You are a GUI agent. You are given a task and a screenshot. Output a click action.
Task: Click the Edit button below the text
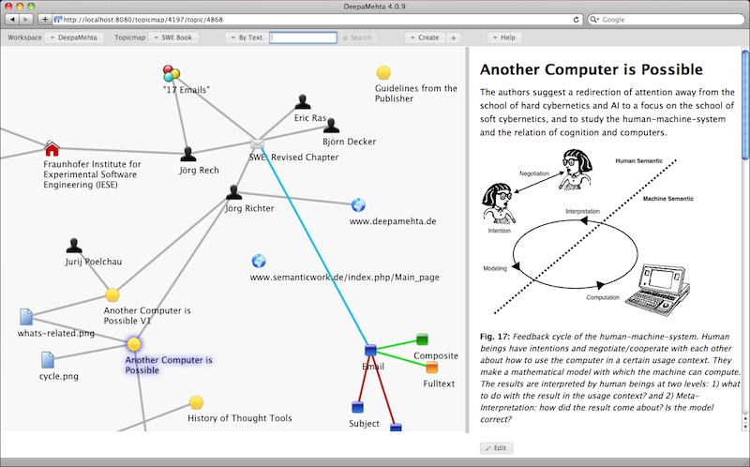pos(497,448)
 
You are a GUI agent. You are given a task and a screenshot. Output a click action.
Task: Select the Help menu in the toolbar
pos(504,38)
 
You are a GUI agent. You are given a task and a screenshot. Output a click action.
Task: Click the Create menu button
pos(424,38)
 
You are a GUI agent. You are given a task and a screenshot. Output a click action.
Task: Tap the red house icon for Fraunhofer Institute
pos(52,149)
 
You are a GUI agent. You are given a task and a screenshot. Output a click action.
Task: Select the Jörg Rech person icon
pos(188,155)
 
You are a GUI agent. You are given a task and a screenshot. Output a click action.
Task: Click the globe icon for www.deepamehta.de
pos(358,205)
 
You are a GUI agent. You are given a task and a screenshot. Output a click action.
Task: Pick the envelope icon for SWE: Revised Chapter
pos(259,144)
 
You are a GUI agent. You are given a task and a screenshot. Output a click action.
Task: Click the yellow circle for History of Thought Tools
pos(196,402)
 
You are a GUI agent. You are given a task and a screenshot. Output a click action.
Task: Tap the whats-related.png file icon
pos(26,317)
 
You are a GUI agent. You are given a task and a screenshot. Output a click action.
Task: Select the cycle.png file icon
pos(47,360)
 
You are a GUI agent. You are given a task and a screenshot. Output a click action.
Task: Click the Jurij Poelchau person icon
pos(74,246)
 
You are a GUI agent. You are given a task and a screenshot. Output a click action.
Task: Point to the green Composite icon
pos(422,339)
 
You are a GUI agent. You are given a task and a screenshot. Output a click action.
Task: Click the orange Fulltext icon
pos(431,367)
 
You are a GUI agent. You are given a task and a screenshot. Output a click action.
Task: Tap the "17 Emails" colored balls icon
pos(172,73)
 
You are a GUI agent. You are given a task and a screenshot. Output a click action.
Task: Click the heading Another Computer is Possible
pos(591,69)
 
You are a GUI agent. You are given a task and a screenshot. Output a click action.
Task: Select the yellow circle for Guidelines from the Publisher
pos(383,73)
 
